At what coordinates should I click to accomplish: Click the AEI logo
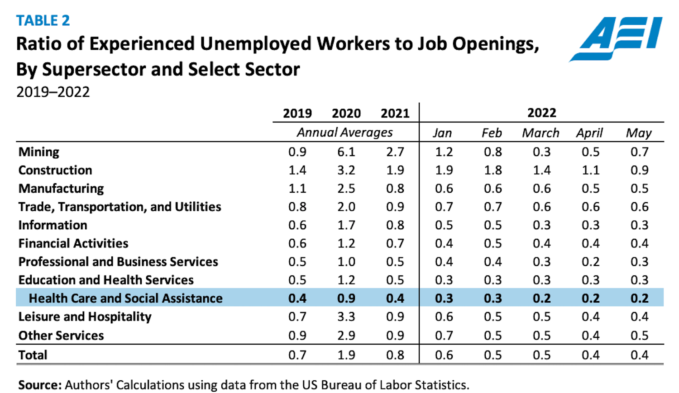(616, 38)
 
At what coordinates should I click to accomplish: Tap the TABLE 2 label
(43, 21)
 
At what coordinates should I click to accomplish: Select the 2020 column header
(346, 113)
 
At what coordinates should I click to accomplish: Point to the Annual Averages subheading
(344, 133)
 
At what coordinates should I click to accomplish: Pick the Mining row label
(39, 152)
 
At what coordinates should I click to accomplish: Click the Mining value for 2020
(346, 152)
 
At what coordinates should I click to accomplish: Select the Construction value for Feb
(493, 170)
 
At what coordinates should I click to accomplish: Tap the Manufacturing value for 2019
(297, 189)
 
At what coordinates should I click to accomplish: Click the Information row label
(53, 225)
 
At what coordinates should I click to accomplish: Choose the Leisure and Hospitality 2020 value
(346, 317)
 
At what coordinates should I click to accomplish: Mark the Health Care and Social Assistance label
(126, 298)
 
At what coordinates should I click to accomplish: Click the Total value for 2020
(346, 355)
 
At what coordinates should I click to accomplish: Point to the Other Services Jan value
(444, 336)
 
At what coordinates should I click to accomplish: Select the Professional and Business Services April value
(590, 262)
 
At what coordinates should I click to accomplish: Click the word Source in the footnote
(39, 385)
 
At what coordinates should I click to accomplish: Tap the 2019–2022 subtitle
(53, 92)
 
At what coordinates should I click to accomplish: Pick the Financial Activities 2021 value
(395, 243)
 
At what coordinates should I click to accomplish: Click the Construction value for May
(639, 170)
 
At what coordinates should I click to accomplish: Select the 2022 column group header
(541, 113)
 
